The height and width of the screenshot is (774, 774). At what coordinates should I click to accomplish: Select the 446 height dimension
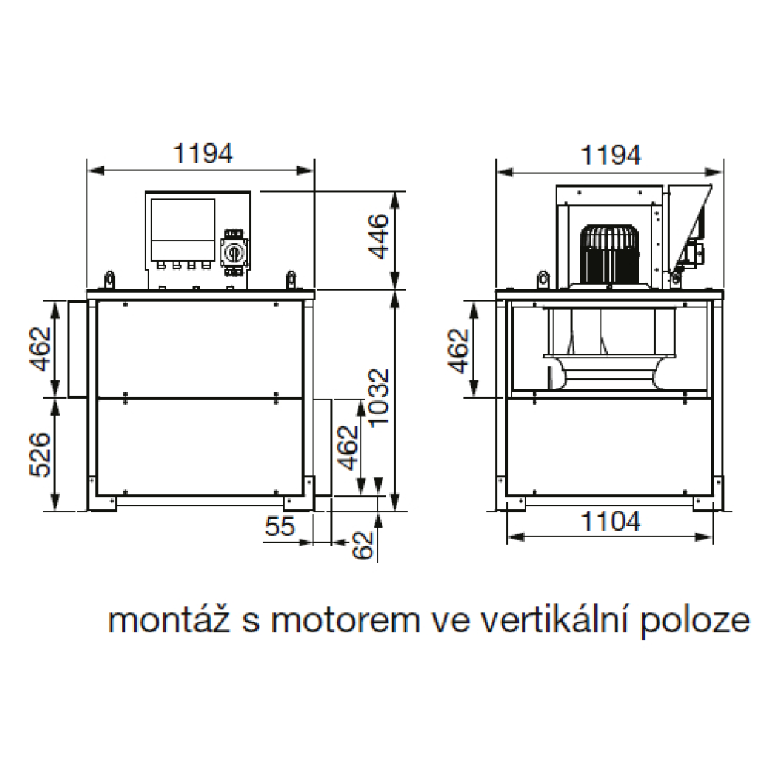(x=378, y=236)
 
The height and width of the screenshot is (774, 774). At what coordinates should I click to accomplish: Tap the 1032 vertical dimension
(x=378, y=397)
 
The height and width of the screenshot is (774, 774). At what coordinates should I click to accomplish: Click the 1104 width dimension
(x=611, y=521)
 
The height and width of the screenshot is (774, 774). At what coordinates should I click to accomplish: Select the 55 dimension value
(x=280, y=526)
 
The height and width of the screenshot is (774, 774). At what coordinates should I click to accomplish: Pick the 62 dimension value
(x=363, y=545)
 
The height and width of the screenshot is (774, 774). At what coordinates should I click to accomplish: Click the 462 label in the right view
(x=458, y=351)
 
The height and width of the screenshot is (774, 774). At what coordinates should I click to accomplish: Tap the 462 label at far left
(x=40, y=349)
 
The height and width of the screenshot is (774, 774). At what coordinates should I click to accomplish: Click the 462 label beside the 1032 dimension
(x=348, y=447)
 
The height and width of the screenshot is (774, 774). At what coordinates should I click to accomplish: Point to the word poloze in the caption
(x=695, y=623)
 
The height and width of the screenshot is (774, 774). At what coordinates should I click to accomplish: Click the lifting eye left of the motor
(x=543, y=279)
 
